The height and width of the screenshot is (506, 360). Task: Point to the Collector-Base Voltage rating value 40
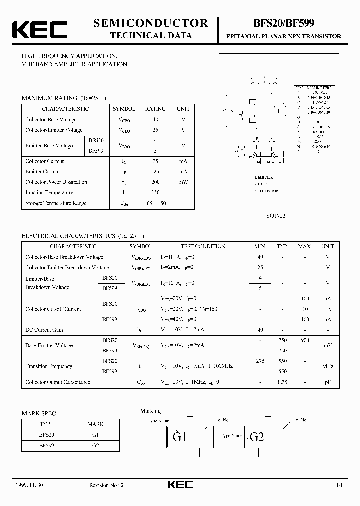coord(155,119)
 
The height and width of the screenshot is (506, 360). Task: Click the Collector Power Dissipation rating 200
coord(155,182)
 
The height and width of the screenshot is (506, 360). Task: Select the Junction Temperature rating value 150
coord(155,193)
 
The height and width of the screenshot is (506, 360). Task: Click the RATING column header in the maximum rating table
coord(155,109)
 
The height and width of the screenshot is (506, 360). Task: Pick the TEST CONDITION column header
coord(203,246)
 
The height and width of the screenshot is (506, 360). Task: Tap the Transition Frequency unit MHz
coord(327,366)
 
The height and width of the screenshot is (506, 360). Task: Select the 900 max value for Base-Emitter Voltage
coord(304,340)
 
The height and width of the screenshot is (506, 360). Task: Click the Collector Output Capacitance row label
coord(58,382)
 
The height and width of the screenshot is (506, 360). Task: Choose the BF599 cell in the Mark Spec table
coord(47,444)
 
